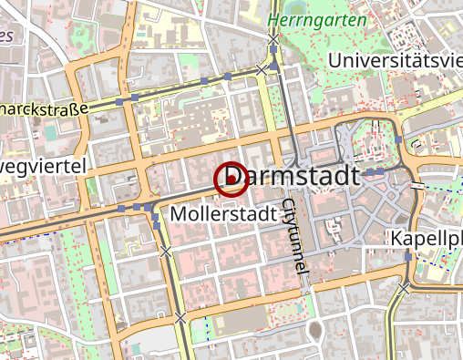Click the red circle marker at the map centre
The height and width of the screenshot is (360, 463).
click(x=231, y=180)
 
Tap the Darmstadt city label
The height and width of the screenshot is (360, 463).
click(x=296, y=175)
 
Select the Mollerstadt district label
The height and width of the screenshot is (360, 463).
click(x=223, y=215)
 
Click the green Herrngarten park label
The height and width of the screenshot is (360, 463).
click(x=318, y=19)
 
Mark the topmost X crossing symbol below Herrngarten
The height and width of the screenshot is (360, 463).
click(x=273, y=39)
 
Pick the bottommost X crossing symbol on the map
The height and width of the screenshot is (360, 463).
click(x=181, y=317)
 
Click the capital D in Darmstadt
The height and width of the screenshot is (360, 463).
click(x=235, y=175)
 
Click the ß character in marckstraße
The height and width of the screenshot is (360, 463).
click(x=74, y=108)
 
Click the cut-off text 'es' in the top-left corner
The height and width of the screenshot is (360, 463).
click(x=7, y=36)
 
